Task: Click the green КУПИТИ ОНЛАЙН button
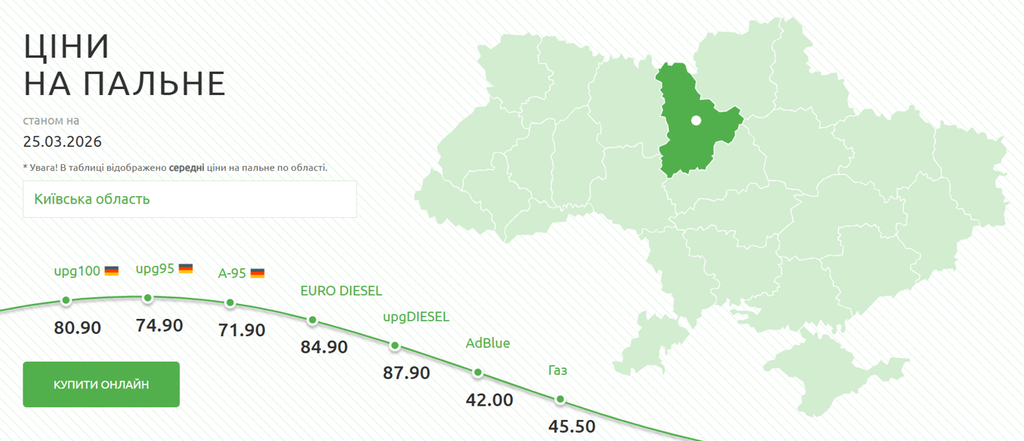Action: (x=101, y=385)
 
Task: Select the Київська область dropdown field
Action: (x=190, y=199)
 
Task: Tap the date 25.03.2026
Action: (x=62, y=142)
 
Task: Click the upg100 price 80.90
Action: (x=77, y=327)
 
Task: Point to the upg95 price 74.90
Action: (x=160, y=326)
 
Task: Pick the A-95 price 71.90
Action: (x=241, y=329)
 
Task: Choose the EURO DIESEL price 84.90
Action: (x=324, y=347)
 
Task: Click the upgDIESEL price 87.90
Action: (x=406, y=373)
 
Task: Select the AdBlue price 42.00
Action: (x=490, y=400)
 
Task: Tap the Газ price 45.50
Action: (x=572, y=427)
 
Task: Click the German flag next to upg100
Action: (x=112, y=271)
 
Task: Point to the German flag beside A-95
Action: (x=257, y=273)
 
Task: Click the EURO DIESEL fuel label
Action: (x=341, y=291)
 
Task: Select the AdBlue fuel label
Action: (x=487, y=344)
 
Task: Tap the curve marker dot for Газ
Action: (x=560, y=399)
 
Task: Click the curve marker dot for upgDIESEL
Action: (x=395, y=346)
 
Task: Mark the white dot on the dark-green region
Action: (x=696, y=120)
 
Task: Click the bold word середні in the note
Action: (x=186, y=168)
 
